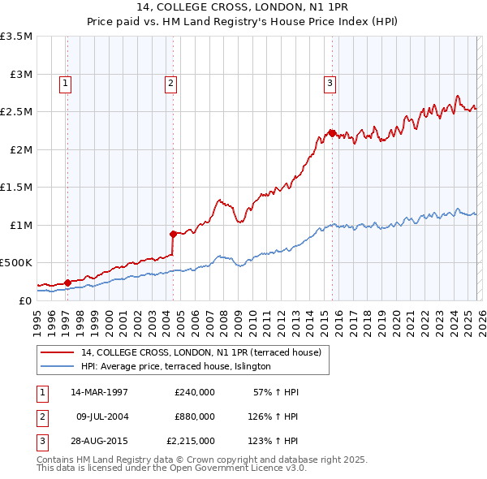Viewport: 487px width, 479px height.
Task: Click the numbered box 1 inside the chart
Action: point(65,82)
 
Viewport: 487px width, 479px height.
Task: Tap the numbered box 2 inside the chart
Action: point(170,82)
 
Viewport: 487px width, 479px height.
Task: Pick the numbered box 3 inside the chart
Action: point(330,82)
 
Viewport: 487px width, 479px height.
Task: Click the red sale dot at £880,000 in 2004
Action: point(173,234)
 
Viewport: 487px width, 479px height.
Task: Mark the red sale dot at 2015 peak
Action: point(332,133)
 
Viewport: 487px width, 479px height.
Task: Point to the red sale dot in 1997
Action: point(67,283)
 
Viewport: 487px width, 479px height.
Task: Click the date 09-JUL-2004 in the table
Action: point(102,416)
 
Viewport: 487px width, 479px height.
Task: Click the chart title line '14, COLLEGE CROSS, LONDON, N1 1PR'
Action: point(243,9)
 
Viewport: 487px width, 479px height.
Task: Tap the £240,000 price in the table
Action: point(195,392)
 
